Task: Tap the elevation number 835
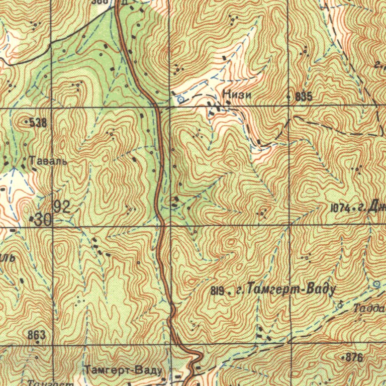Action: [304, 97]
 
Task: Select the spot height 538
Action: [38, 122]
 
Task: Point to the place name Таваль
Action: [48, 161]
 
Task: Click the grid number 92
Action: [62, 206]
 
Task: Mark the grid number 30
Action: [44, 220]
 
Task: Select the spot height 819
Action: [217, 291]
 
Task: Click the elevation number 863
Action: [37, 335]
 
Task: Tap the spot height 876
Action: [354, 357]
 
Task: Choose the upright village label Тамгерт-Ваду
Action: [124, 371]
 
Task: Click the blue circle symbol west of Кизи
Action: [180, 100]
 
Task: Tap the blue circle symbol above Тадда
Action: [376, 284]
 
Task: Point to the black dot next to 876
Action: [343, 357]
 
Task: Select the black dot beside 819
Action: [229, 291]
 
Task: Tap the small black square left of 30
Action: [31, 219]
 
